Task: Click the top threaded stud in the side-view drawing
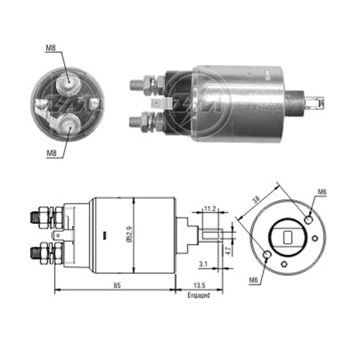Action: [36, 215]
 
